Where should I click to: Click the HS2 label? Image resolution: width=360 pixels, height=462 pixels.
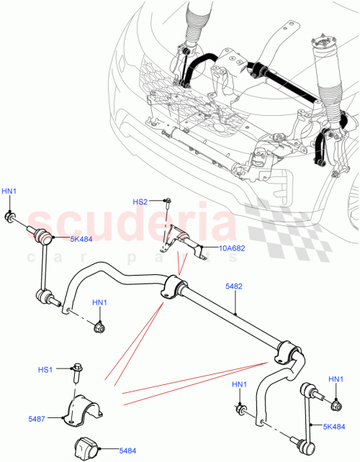139,201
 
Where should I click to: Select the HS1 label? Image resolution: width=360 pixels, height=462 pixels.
45,370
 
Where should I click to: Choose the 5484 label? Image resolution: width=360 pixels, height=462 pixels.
118,451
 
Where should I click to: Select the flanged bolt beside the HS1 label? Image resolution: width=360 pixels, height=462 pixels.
76,372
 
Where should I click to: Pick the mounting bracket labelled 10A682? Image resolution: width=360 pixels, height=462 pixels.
180,241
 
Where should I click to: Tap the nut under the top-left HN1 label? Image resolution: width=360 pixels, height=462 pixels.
10,217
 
